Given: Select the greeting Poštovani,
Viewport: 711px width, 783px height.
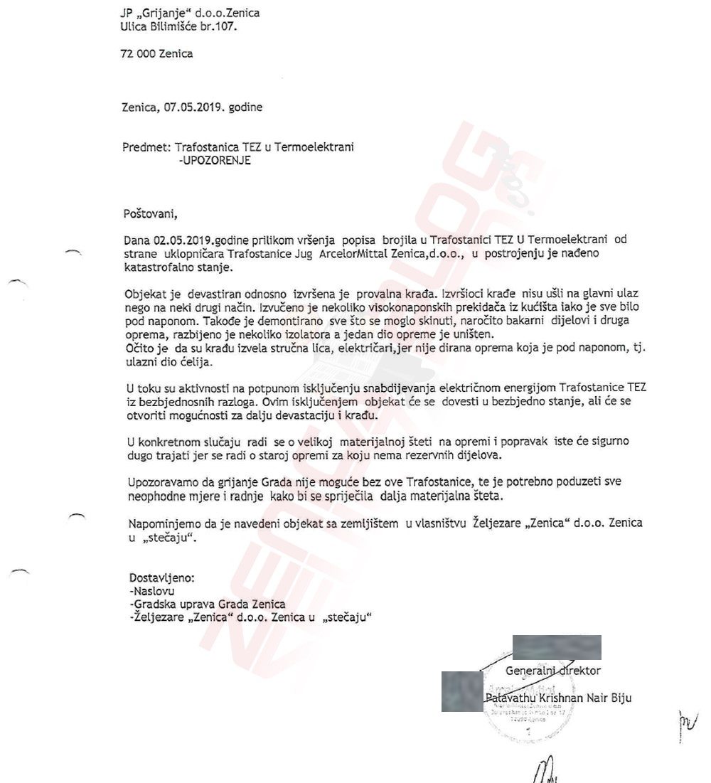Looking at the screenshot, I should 150,212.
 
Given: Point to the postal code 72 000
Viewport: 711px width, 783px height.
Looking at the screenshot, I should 139,53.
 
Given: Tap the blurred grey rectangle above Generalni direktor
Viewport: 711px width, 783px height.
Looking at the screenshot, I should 557,647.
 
